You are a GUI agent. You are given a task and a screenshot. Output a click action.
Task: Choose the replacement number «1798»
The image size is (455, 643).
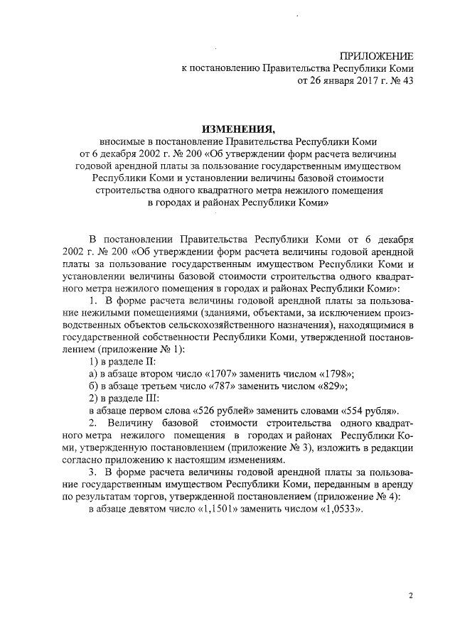[x=333, y=373]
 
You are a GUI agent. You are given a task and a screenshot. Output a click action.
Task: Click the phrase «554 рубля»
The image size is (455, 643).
[x=368, y=411]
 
